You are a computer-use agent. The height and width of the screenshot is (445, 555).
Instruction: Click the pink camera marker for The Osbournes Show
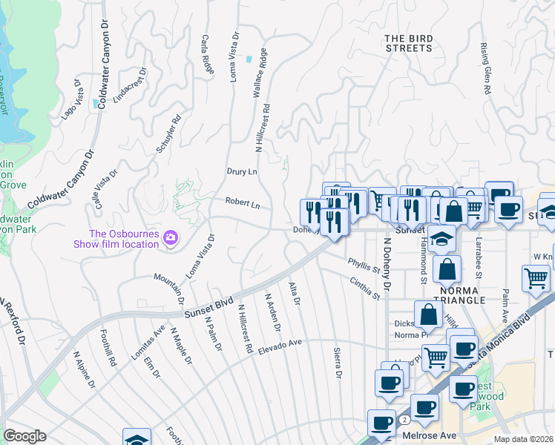[x=171, y=237]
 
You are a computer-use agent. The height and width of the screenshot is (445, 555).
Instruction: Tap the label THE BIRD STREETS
[x=408, y=43]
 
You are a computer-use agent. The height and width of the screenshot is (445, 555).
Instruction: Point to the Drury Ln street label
[x=241, y=171]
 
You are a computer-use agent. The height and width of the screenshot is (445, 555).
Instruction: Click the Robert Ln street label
[x=243, y=202]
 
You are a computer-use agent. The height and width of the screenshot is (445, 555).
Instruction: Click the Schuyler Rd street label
[x=169, y=134]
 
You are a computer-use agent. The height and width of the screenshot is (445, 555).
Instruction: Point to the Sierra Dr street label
[x=338, y=363]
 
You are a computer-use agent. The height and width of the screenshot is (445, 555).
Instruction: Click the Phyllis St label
[x=364, y=266]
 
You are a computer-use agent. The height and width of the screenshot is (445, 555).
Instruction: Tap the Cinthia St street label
[x=365, y=287]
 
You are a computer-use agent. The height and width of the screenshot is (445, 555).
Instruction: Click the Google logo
[x=24, y=436]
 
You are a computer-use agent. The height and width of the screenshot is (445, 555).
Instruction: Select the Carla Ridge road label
[x=207, y=54]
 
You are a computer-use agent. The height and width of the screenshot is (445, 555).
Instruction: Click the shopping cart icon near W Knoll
[x=536, y=279]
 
